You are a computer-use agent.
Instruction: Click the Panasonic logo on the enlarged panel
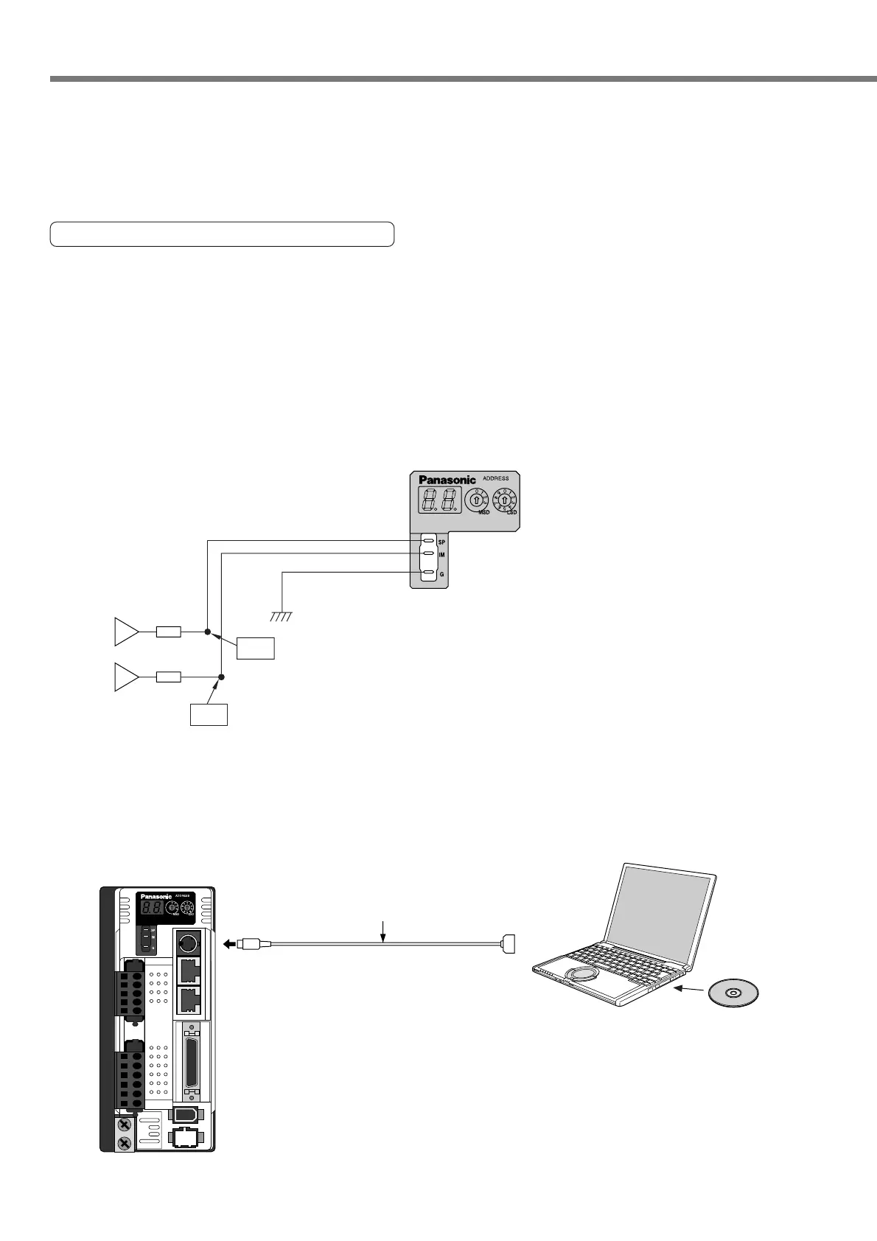447,480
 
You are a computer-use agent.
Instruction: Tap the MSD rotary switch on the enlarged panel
477,499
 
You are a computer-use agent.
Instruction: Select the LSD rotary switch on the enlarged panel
505,499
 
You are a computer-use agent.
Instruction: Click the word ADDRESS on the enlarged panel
495,478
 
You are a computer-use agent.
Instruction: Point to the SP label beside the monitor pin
441,542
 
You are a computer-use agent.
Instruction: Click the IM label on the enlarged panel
441,554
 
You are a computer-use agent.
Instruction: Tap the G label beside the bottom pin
441,573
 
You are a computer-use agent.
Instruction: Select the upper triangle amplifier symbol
126,632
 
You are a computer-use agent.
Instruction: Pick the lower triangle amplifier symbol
126,677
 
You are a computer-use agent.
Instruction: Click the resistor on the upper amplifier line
169,632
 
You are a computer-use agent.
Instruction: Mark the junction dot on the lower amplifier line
222,677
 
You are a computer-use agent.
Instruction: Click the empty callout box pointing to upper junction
256,649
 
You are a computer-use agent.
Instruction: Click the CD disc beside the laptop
733,993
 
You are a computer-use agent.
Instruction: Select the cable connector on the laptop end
506,943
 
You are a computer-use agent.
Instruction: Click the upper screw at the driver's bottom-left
124,1126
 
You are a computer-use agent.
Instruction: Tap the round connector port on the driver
187,943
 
